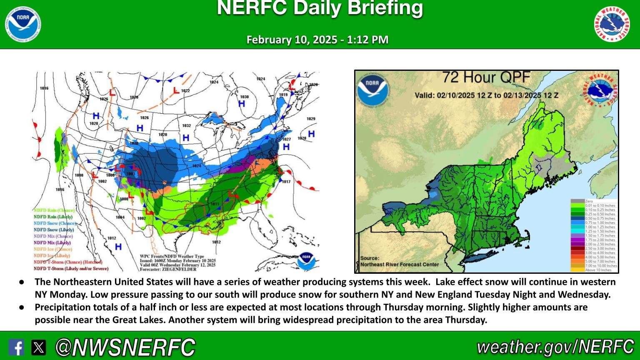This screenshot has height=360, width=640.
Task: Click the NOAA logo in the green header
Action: pos(23,24)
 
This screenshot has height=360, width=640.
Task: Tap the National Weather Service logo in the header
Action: pos(612,24)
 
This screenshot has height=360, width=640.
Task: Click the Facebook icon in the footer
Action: pos(16,347)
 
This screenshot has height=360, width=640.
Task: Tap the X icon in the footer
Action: pos(39,347)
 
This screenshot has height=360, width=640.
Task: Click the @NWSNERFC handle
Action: pos(125,347)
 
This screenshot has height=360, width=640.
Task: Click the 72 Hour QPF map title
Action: pos(486,77)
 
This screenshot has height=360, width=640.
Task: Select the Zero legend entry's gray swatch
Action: pos(577,201)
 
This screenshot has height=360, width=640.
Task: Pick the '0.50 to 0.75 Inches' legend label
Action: pos(600,218)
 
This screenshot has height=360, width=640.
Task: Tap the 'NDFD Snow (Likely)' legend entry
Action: pos(54,230)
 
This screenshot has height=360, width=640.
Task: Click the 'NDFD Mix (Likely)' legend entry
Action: pos(52,242)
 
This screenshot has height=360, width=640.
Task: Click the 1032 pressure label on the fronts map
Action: pos(186,125)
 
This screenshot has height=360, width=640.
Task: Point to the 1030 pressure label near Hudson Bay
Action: pos(244,97)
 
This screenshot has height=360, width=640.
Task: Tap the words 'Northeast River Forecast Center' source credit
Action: pos(400,264)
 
